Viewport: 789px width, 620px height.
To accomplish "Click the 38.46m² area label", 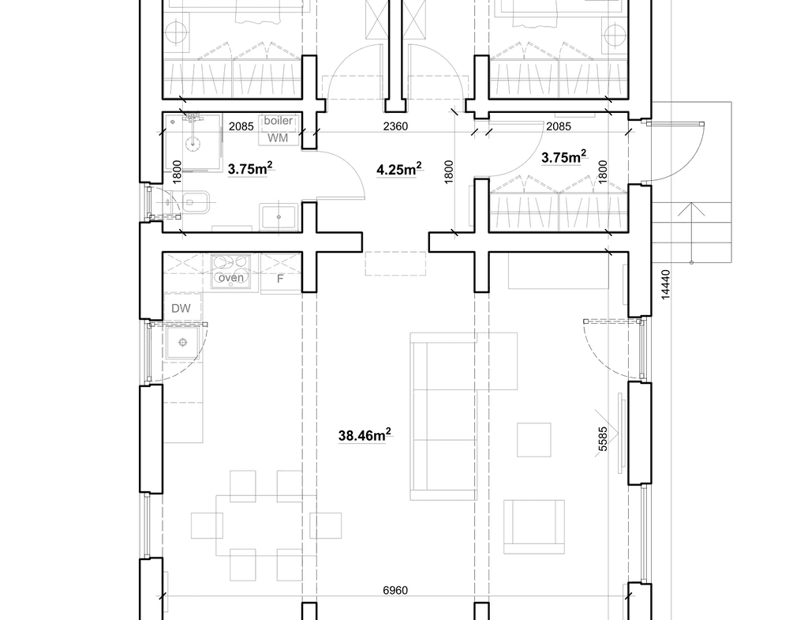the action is point(365,434).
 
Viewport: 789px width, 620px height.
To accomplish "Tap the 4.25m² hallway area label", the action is point(399,169).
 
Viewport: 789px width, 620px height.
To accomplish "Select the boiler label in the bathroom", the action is point(279,120).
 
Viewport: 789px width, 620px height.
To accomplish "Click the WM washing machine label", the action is point(277,137).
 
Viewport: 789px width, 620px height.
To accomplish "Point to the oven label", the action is point(231,277).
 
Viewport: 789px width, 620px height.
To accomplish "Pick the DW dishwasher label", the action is point(181,308).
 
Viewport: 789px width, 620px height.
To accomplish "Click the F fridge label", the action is point(280,279).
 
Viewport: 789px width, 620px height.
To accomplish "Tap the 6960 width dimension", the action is point(395,590).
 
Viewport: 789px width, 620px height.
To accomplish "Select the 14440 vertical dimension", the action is point(665,284).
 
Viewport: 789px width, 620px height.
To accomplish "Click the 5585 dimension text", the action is point(603,438).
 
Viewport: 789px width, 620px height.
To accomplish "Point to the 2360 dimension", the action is point(395,126).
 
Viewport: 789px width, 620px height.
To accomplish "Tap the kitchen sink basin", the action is point(183,343).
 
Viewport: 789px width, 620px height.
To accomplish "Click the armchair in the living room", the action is point(534,527).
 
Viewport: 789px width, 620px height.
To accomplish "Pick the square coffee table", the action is point(534,440).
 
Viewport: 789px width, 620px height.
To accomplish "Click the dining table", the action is point(266,525).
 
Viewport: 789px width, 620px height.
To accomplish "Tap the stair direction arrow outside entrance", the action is point(691,232).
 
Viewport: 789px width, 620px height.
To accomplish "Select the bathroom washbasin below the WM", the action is point(279,216).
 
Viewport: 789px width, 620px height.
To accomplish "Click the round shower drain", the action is point(193,143).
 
